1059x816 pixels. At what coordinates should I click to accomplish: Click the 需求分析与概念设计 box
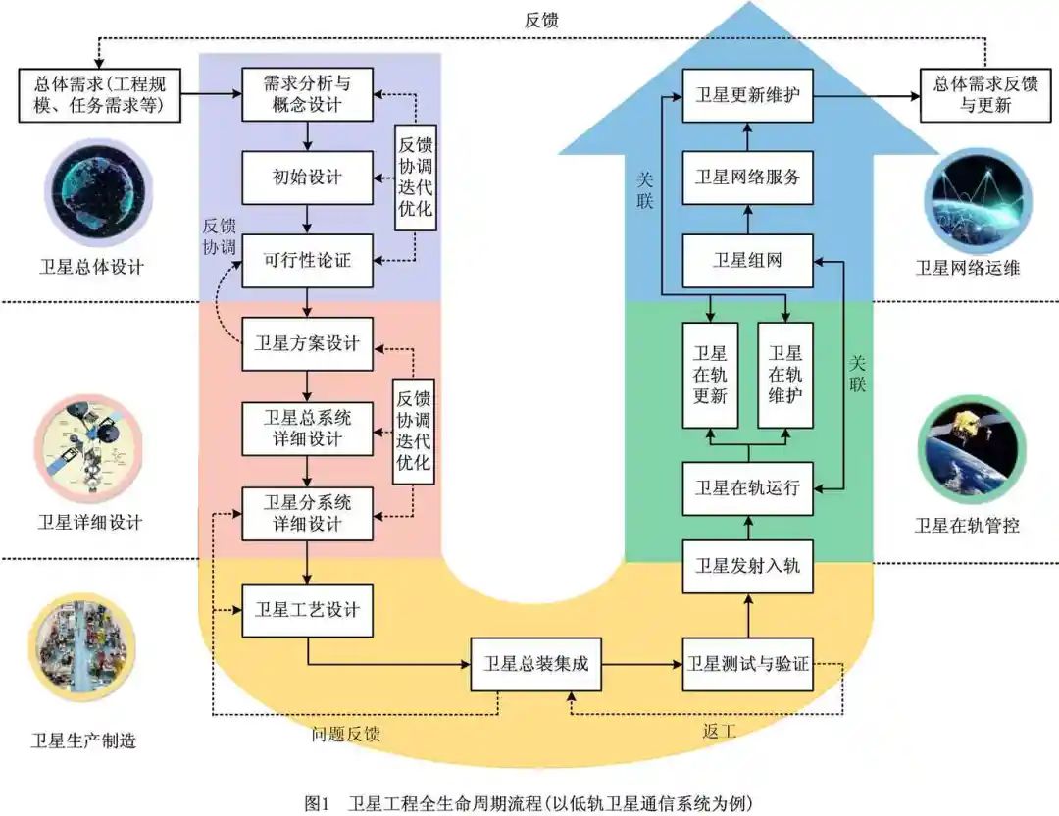(x=308, y=94)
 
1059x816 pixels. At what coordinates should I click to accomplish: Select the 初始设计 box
(x=308, y=178)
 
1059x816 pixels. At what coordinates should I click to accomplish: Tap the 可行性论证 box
(x=308, y=261)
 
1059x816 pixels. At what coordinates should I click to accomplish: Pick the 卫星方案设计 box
(x=308, y=343)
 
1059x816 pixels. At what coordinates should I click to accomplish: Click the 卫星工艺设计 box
(x=308, y=610)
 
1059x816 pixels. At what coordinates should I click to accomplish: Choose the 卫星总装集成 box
(x=535, y=663)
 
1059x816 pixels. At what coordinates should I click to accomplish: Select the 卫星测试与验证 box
(x=748, y=663)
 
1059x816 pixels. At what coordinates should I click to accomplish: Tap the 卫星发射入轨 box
(x=748, y=566)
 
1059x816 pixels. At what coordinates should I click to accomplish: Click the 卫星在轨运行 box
(x=748, y=487)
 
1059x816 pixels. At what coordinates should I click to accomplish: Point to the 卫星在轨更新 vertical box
(x=710, y=375)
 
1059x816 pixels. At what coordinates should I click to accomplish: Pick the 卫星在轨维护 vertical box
(x=785, y=375)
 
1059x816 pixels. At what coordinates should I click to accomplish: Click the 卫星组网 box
(x=748, y=261)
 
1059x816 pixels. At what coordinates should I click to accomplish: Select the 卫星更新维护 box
(x=748, y=95)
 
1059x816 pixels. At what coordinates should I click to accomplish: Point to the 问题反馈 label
(x=346, y=734)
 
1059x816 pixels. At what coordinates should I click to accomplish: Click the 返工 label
(x=719, y=731)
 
